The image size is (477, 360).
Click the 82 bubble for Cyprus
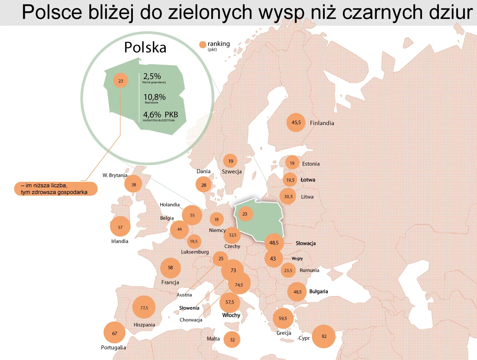[x=324, y=336]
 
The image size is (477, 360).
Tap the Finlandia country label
[x=322, y=123]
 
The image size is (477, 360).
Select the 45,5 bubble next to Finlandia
[x=296, y=123]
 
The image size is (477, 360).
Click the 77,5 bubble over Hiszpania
[x=144, y=308]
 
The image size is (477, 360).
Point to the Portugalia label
[x=113, y=347]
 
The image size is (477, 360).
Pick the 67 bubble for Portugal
[x=114, y=333]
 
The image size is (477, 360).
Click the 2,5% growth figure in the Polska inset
[x=152, y=76]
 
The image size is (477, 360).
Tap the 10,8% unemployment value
[x=154, y=97]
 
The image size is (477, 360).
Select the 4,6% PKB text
[x=160, y=115]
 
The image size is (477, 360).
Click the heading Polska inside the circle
[x=145, y=47]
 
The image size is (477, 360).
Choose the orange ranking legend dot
[x=203, y=45]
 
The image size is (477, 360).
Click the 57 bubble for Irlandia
[x=120, y=227]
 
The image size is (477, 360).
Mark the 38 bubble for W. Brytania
[x=134, y=185]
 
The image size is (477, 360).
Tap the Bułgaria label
[x=319, y=292]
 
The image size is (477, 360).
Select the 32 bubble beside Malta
[x=232, y=340]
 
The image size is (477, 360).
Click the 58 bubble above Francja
[x=170, y=268]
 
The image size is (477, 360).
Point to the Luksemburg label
[x=195, y=252]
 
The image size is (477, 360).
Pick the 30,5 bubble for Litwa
[x=288, y=197]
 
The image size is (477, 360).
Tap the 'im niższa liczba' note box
[x=56, y=189]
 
